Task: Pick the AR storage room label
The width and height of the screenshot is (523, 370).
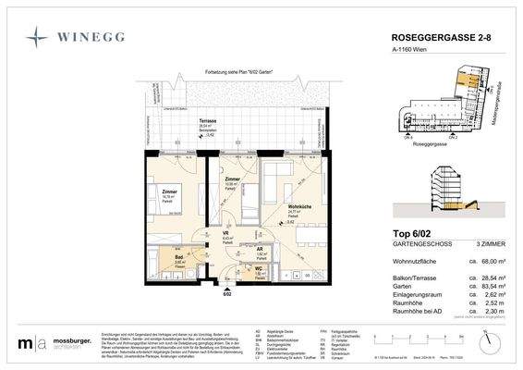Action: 261,249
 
